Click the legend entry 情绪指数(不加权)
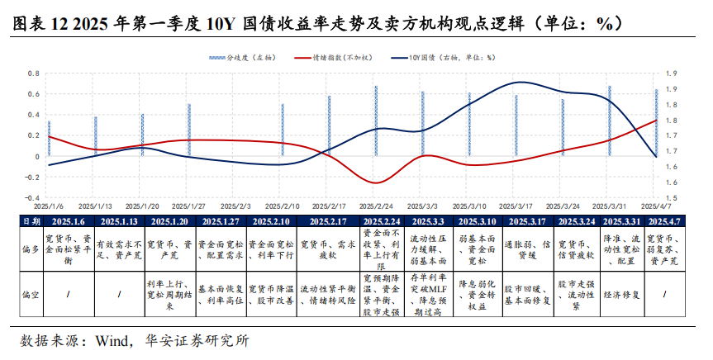(329, 59)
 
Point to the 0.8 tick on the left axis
(34, 73)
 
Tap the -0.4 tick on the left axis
(34, 198)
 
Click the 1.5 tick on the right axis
(672, 198)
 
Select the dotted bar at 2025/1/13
(96, 135)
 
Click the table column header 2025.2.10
(270, 222)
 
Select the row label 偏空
(30, 293)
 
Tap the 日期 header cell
(30, 222)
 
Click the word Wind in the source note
(112, 340)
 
